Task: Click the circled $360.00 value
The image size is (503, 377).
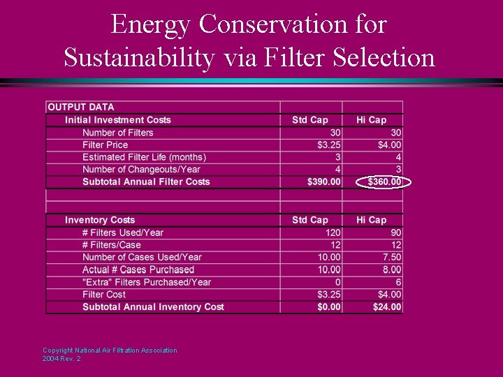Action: [x=384, y=182]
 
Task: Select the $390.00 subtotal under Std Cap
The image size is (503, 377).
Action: [x=324, y=182]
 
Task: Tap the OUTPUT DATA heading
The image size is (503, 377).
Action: [x=80, y=107]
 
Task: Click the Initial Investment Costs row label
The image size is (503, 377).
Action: [x=117, y=120]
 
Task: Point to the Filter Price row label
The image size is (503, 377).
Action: [x=105, y=145]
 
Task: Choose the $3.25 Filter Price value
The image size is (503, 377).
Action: [x=328, y=145]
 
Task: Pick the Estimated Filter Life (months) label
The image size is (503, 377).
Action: [x=144, y=157]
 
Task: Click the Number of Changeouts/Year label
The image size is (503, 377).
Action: [x=141, y=169]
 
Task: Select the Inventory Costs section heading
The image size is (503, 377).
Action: [x=100, y=220]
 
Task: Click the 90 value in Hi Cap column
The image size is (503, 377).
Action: [x=395, y=232]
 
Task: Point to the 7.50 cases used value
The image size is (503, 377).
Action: [x=391, y=257]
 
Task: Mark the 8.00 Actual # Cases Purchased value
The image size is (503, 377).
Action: [x=391, y=269]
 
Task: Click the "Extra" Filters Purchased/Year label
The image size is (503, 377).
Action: [x=147, y=282]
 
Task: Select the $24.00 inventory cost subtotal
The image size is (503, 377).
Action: [x=387, y=307]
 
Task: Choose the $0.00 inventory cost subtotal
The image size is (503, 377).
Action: [x=327, y=307]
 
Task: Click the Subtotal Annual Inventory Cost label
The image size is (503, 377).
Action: [x=153, y=307]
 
